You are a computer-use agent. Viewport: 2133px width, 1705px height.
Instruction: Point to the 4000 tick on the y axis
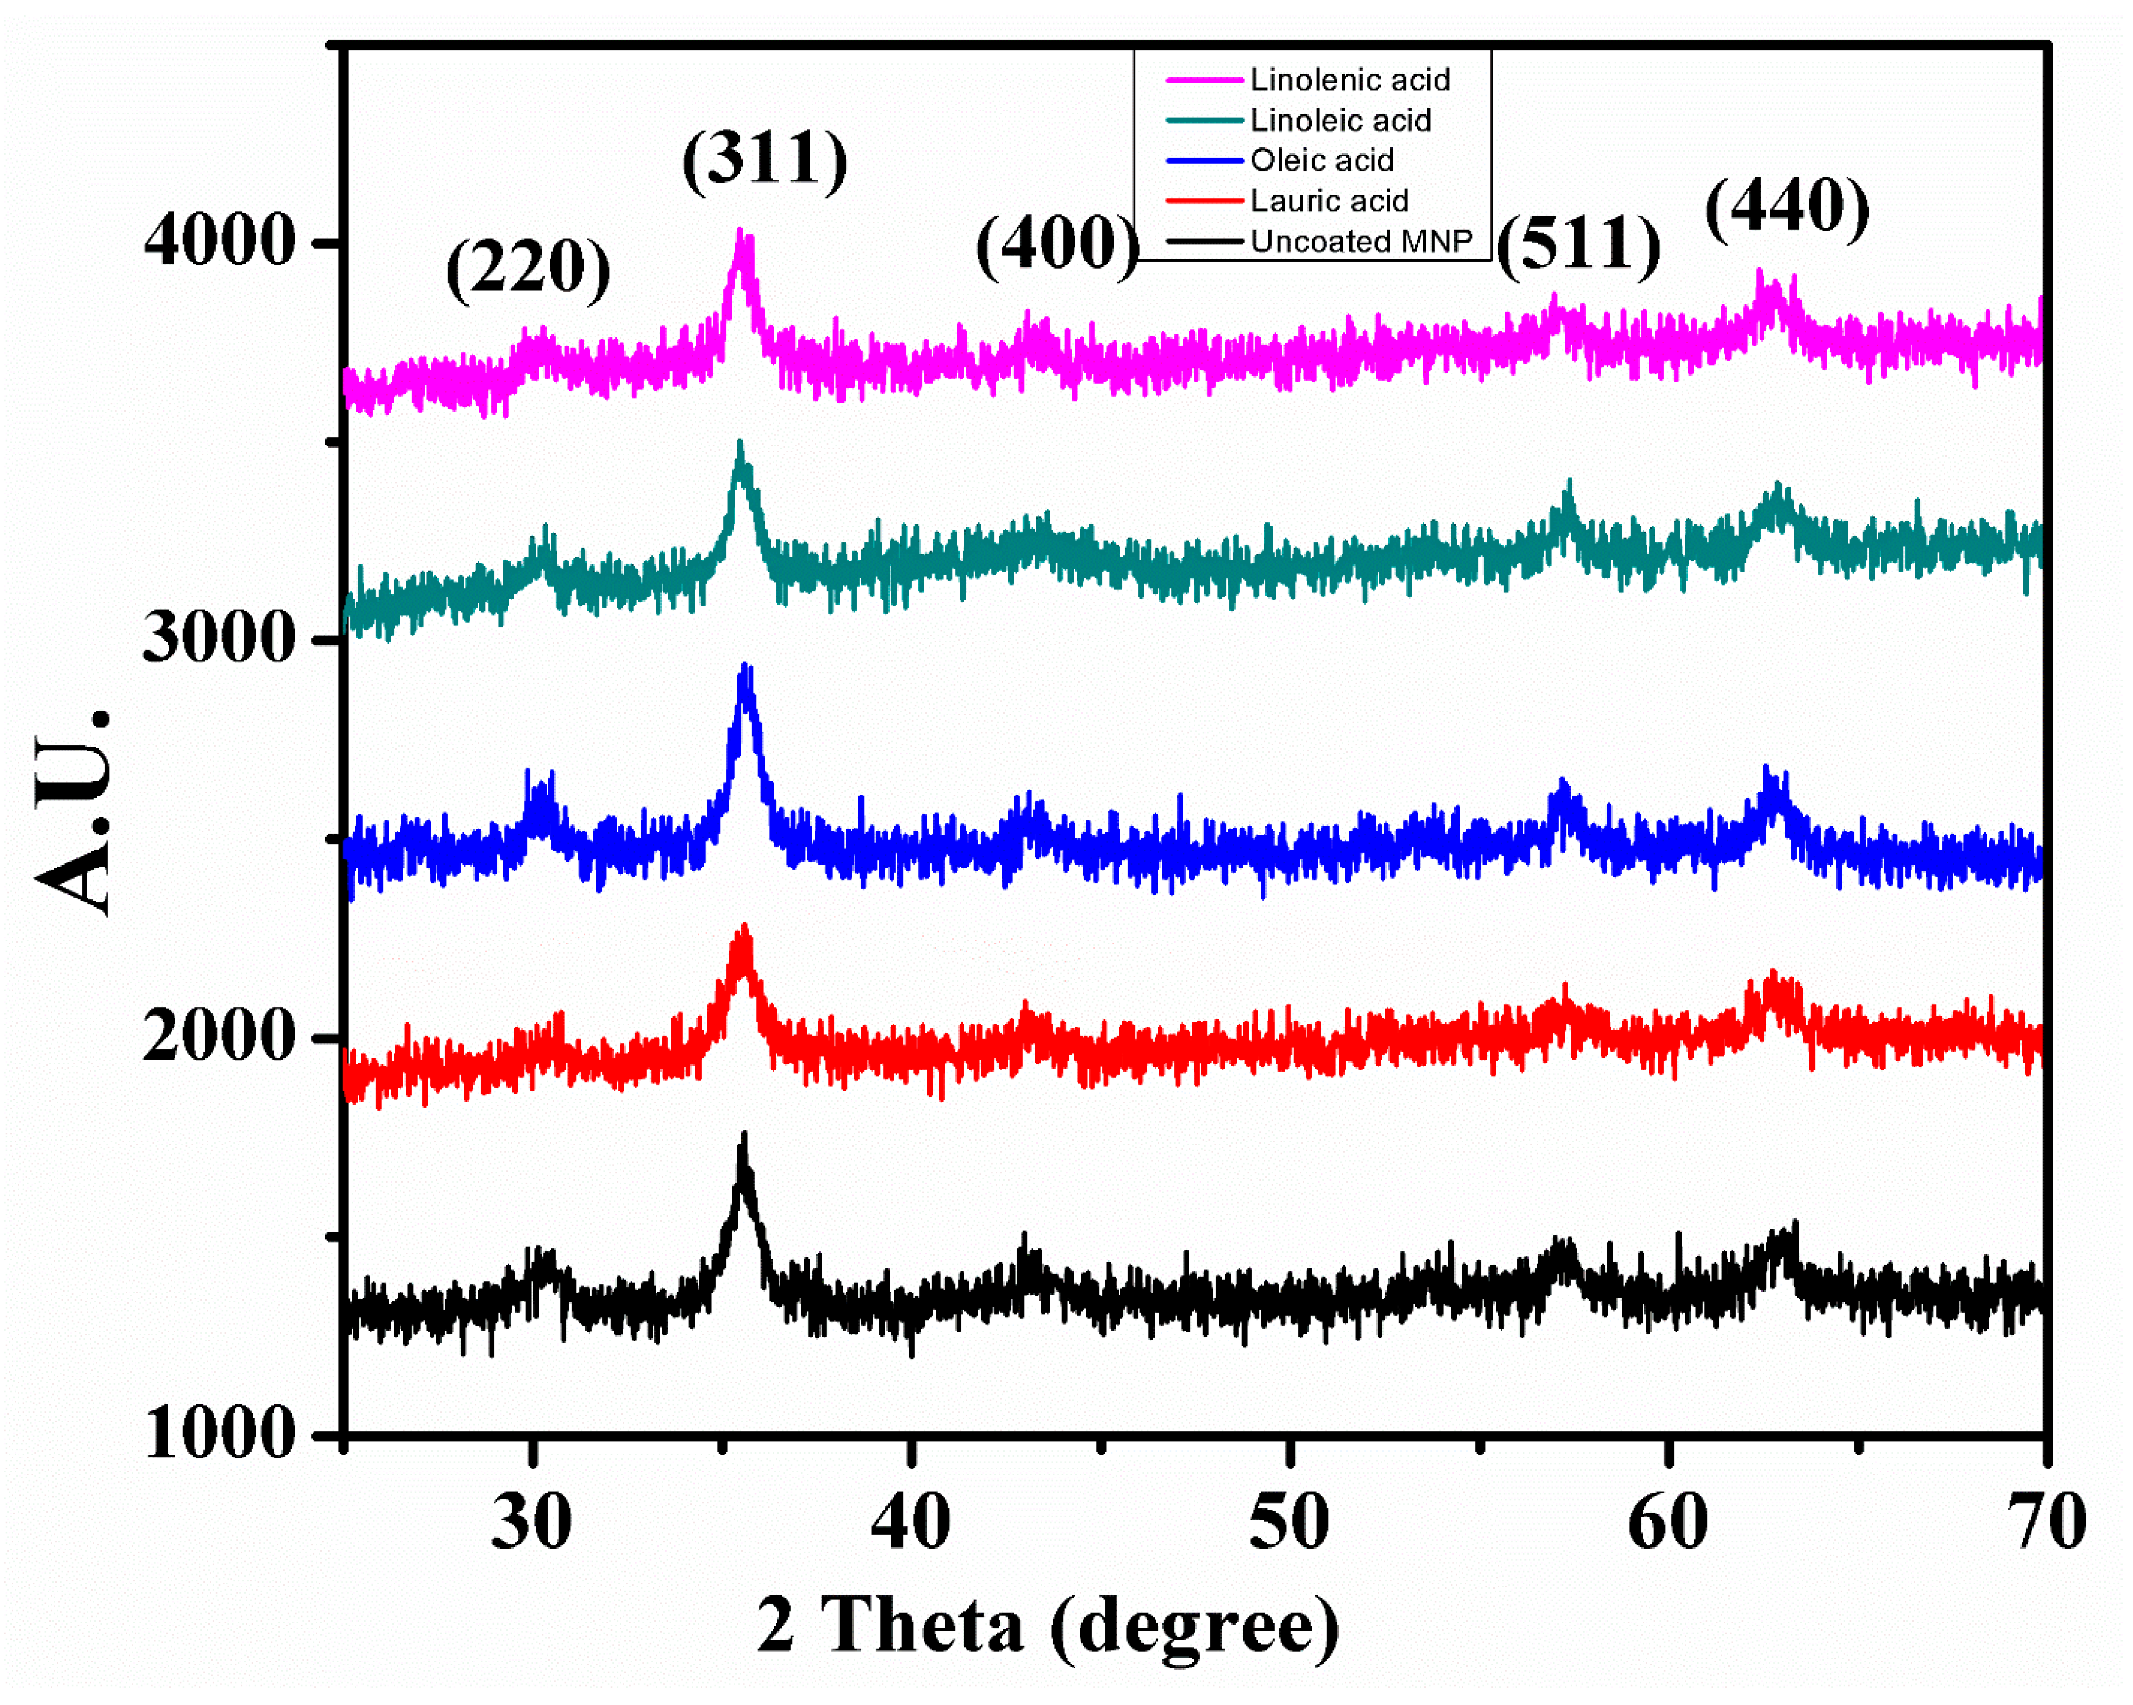click(219, 241)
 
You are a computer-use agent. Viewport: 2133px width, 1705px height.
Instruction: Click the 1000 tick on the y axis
click(219, 1433)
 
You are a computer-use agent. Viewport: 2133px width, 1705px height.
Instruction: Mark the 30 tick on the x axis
click(532, 1523)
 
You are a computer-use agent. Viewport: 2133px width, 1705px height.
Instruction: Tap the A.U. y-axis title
click(74, 811)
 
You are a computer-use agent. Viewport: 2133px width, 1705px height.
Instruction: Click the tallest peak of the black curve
click(744, 1137)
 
